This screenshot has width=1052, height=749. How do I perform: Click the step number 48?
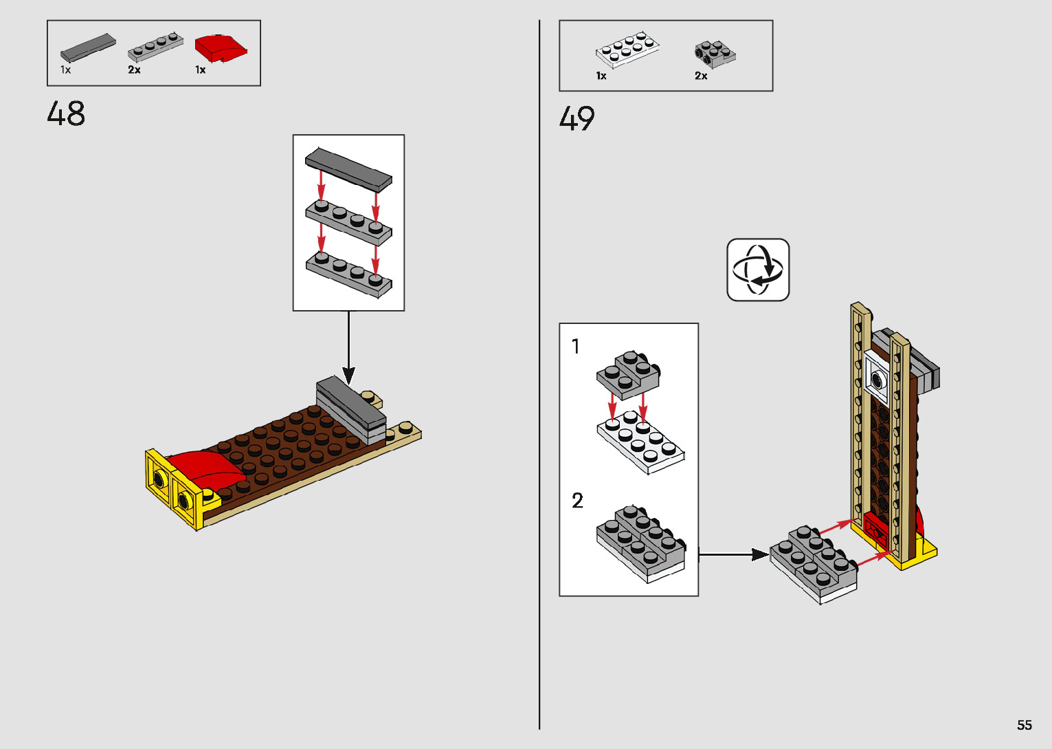66,113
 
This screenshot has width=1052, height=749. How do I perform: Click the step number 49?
577,118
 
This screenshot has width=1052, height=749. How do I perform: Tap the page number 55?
1025,724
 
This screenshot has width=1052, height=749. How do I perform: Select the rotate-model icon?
758,270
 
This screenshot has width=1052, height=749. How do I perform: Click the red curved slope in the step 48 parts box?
221,48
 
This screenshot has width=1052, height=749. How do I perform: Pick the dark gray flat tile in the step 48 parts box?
88,47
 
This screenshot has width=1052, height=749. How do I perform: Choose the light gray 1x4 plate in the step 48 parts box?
155,47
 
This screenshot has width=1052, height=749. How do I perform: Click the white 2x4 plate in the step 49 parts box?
627,50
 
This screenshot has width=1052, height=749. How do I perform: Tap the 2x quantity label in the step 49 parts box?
701,76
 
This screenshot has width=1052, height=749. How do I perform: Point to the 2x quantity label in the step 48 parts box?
134,70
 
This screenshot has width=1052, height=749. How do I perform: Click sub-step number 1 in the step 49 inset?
576,347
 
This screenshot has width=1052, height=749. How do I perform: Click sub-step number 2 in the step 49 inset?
578,500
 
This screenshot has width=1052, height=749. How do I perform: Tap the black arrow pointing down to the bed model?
348,347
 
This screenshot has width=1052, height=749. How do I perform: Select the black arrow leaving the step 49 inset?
734,555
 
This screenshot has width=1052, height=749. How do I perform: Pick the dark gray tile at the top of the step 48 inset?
348,170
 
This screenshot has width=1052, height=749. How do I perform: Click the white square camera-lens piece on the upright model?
877,379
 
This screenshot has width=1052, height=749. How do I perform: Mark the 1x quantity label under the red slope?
201,70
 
